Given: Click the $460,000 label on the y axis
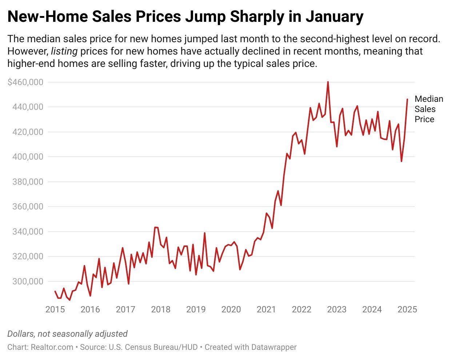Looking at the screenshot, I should pos(25,82).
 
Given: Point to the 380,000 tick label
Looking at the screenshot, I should pos(27,182).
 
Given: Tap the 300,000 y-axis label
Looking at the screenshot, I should pos(27,281).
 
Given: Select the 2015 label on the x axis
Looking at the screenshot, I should pos(55,309).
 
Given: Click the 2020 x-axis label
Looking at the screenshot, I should pos(231,309).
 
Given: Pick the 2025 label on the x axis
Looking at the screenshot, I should pos(407,309).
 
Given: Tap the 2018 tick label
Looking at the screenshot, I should pos(161,309).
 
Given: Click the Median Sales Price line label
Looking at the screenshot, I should pos(428,109).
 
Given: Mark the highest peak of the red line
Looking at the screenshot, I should pos(328,82).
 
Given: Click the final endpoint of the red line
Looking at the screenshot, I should pos(407,99).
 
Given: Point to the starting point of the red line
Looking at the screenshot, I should pos(55,291).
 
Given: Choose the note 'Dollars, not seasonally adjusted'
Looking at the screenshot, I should pos(67,334).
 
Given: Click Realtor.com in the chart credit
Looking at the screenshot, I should pos(52,347).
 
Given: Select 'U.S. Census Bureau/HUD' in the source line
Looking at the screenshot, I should pos(153,347).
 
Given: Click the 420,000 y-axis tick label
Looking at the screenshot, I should pos(27,132).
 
